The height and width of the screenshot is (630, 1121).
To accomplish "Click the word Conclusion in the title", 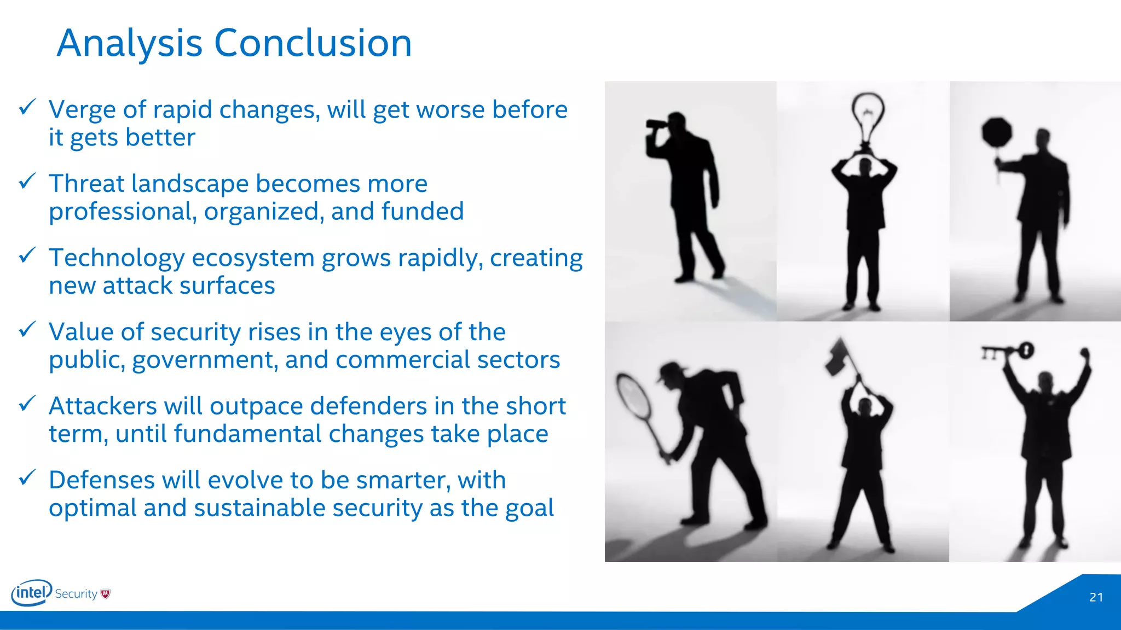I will [x=313, y=43].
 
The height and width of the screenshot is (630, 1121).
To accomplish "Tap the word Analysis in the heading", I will [x=130, y=43].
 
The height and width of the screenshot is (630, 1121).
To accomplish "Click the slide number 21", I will [x=1096, y=597].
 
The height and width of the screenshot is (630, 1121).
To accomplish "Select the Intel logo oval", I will [x=31, y=592].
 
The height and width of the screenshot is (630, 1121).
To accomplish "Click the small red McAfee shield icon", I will [x=106, y=594].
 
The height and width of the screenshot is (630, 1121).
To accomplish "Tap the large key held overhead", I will [x=1008, y=352].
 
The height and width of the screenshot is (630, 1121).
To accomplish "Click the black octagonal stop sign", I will [x=996, y=132].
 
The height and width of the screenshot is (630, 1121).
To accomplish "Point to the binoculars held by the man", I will [x=657, y=124].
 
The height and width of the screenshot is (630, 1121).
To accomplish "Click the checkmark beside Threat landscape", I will [x=27, y=181].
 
